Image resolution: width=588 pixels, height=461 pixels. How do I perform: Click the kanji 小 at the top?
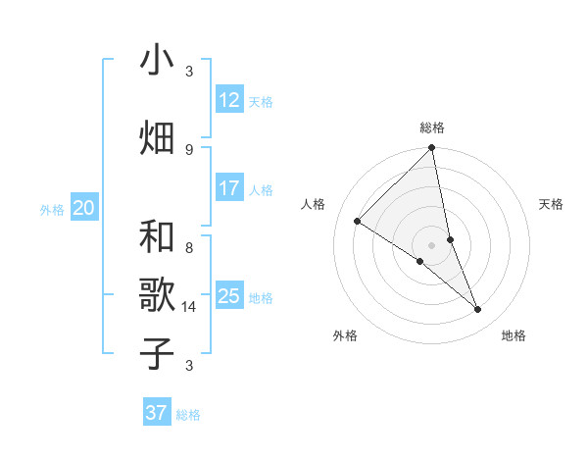click(x=157, y=62)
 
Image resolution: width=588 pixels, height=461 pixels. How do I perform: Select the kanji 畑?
click(x=157, y=136)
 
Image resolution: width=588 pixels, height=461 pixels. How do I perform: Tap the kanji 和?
click(x=157, y=236)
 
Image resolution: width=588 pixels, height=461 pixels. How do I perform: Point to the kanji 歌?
click(x=157, y=294)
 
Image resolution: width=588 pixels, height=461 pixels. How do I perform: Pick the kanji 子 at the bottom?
click(x=157, y=352)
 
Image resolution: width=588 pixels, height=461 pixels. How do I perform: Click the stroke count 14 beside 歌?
click(x=189, y=307)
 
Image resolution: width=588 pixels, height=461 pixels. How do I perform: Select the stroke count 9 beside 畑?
click(x=189, y=149)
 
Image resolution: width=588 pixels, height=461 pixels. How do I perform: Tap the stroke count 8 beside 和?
click(x=189, y=248)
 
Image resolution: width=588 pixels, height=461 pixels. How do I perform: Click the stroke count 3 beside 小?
click(x=189, y=72)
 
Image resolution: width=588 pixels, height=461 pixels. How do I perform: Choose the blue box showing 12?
click(x=228, y=100)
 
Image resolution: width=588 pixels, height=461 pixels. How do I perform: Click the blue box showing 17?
click(x=228, y=188)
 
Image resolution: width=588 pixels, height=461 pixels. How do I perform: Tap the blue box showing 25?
click(x=228, y=296)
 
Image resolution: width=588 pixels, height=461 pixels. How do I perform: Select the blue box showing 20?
click(x=84, y=208)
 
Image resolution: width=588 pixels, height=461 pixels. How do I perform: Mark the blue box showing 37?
click(x=156, y=413)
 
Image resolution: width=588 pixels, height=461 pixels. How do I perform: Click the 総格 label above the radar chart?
click(x=432, y=128)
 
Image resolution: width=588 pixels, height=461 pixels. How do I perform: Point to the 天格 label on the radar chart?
click(x=551, y=204)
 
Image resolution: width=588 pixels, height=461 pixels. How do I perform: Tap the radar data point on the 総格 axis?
click(x=432, y=148)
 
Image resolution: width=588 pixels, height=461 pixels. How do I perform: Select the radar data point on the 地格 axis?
click(x=478, y=310)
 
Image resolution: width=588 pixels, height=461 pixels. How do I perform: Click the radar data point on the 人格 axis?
click(x=358, y=221)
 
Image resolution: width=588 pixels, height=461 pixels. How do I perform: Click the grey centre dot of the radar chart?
click(x=432, y=244)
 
